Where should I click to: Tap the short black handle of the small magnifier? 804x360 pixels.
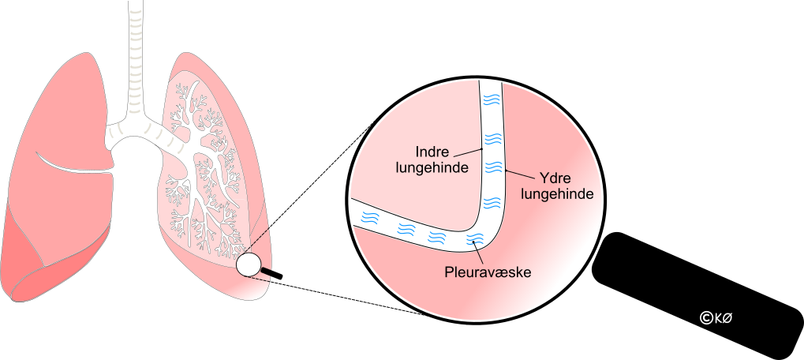[271, 273]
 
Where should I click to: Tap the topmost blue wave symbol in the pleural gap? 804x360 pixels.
[492, 100]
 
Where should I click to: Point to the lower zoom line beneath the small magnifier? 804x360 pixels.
[347, 297]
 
